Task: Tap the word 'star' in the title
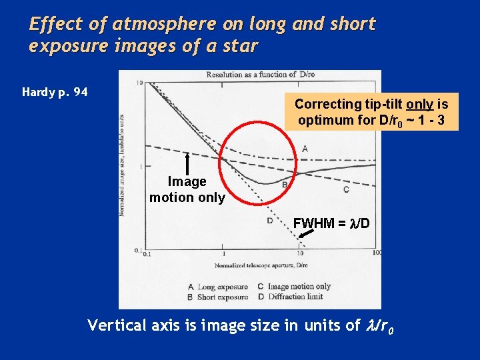(239, 47)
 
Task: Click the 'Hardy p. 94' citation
(55, 92)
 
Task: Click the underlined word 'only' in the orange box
(416, 104)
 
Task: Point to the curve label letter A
(305, 149)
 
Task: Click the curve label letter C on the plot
(345, 189)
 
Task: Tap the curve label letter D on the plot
(270, 221)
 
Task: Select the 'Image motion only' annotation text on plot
(187, 189)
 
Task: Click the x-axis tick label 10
(300, 253)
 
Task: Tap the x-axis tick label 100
(377, 253)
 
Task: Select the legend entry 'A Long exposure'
(218, 287)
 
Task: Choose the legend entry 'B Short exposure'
(218, 297)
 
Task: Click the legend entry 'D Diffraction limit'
(293, 297)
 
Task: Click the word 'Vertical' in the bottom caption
(117, 325)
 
